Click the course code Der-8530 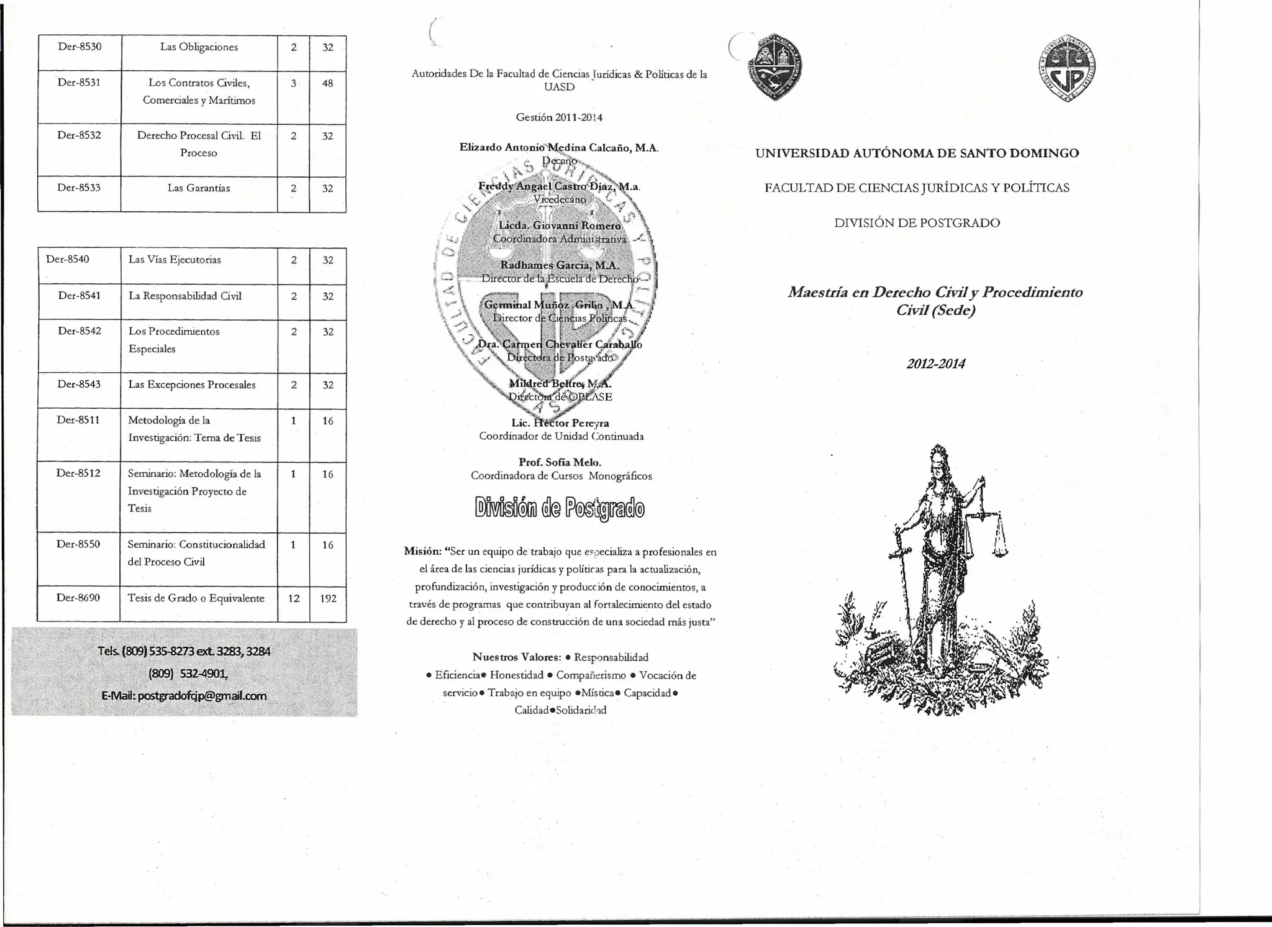click(79, 47)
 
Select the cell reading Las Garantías click(199, 188)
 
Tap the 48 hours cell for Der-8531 click(327, 83)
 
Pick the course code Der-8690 click(78, 598)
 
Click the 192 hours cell click(328, 598)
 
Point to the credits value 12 click(294, 598)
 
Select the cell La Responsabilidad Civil click(185, 296)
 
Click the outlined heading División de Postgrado click(560, 509)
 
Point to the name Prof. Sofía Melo click(560, 462)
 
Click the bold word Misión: click(422, 552)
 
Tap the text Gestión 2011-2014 click(559, 117)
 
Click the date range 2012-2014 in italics click(935, 364)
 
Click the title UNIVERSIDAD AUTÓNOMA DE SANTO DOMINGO click(917, 153)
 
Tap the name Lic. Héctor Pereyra click(560, 423)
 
